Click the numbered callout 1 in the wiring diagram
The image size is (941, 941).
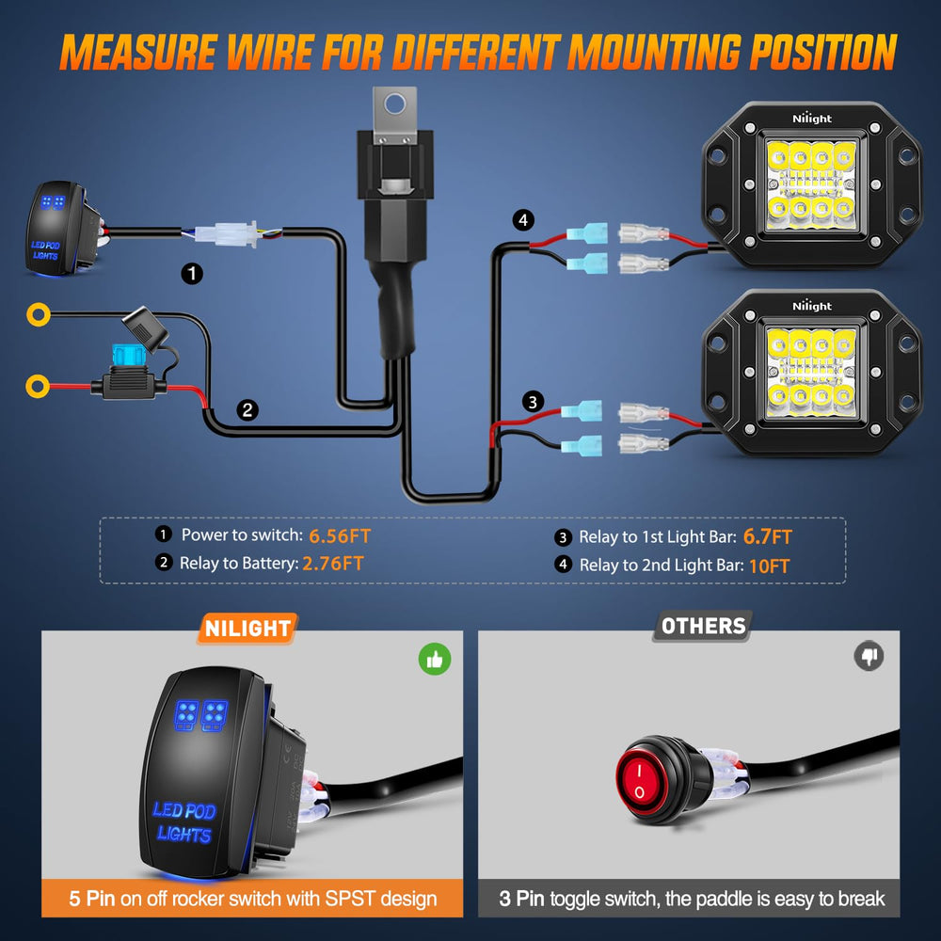tap(192, 274)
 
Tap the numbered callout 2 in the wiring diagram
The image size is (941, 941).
tap(247, 410)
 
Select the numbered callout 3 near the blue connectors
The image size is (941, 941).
tap(533, 402)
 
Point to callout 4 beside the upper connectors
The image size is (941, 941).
tap(523, 220)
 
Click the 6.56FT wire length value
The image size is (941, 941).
tap(340, 536)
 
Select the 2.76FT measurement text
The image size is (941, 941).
tap(333, 564)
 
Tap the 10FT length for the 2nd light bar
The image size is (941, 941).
tap(769, 566)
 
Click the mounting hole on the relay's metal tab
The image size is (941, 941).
tap(395, 104)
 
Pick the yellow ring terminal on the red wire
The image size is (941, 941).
tap(38, 387)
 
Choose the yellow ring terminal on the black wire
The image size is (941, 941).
tap(39, 314)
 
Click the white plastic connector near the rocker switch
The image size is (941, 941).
tap(227, 233)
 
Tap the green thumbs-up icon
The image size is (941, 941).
tap(435, 659)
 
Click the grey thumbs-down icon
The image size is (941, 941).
tap(869, 655)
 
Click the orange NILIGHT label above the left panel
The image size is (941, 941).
tap(247, 629)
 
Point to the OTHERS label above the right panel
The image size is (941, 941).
tap(703, 627)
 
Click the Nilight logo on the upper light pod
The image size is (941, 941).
tap(812, 119)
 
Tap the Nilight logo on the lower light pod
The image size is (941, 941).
tap(812, 306)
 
